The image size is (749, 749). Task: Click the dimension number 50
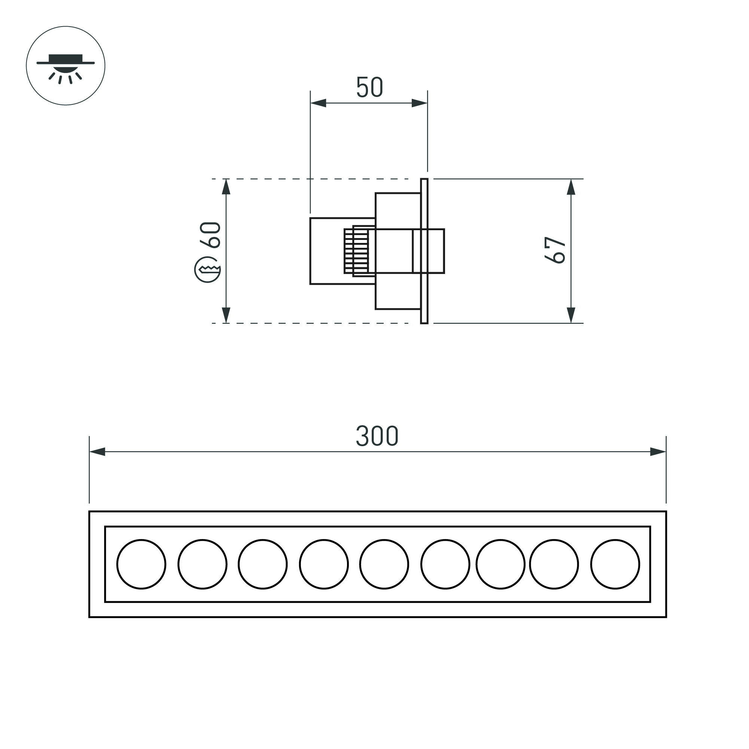369,87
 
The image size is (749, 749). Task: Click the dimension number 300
377,436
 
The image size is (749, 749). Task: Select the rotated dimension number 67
555,250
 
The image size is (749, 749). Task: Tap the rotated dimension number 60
210,235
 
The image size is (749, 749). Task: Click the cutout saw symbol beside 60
208,270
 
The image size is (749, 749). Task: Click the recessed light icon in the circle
66,66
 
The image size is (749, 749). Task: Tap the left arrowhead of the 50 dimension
318,103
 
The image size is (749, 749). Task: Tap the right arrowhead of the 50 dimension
420,103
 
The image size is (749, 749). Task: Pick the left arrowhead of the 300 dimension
97,452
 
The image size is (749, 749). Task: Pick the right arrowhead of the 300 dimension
658,452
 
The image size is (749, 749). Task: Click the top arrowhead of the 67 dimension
571,187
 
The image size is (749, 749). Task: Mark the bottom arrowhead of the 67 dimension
571,315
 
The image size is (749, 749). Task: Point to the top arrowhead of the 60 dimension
226,187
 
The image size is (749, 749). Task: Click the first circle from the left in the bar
141,564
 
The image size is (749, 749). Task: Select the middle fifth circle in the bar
384,564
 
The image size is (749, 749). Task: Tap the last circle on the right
615,564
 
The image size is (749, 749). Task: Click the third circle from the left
263,564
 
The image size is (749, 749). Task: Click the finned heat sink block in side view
356,251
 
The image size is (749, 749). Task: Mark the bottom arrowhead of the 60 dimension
226,315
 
